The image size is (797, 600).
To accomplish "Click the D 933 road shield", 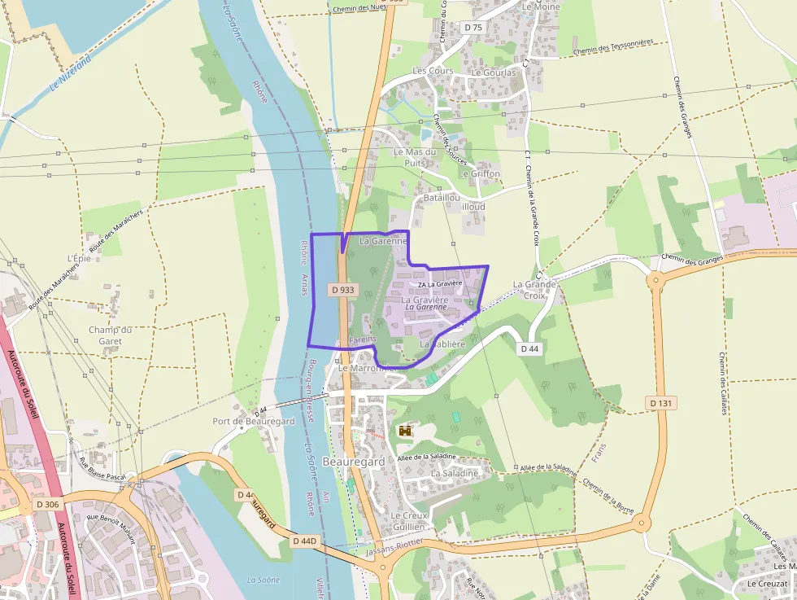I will (x=343, y=290).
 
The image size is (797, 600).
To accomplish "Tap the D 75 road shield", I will (x=473, y=28).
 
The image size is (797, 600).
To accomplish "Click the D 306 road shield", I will (x=48, y=505).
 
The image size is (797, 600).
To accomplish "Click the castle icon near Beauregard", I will (x=405, y=431).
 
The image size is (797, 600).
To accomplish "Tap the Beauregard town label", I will (x=354, y=462).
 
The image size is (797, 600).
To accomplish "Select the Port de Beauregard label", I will (x=253, y=422).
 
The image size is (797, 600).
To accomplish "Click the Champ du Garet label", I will (x=110, y=335).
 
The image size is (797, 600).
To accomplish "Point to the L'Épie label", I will (x=78, y=258).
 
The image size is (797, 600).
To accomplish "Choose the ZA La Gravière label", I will (x=439, y=284).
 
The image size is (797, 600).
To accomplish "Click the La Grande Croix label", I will (x=534, y=290).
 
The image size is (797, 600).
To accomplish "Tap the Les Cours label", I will (x=433, y=71).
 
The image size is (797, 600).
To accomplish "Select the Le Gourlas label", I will (x=494, y=72).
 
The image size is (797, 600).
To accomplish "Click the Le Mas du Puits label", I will (x=415, y=157).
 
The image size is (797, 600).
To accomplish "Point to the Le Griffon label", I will (x=480, y=173).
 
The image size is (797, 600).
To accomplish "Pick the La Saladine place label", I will (x=455, y=473).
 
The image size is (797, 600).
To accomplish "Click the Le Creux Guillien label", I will (x=408, y=521).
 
